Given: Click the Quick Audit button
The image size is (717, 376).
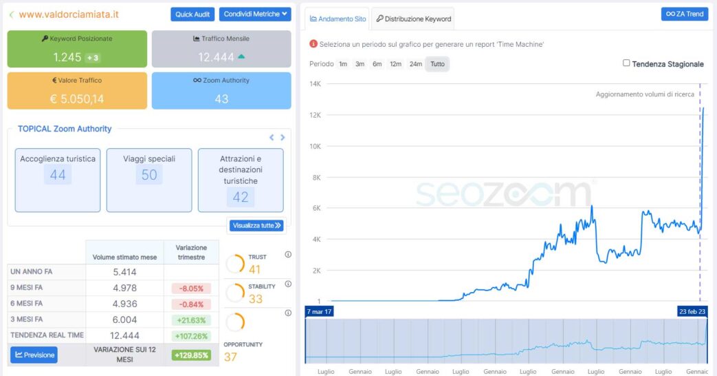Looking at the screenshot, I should pyautogui.click(x=192, y=14).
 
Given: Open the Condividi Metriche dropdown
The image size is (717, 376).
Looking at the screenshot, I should pyautogui.click(x=255, y=14).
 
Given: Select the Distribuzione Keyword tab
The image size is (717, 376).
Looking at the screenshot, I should pyautogui.click(x=413, y=19).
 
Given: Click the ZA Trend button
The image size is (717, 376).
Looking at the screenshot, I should pyautogui.click(x=685, y=14).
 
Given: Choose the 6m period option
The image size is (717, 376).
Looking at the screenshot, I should pyautogui.click(x=377, y=64).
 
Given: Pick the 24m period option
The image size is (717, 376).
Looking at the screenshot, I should pyautogui.click(x=415, y=64).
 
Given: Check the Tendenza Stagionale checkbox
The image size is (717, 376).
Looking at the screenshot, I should pyautogui.click(x=626, y=63).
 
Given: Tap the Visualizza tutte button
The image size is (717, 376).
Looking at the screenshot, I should pyautogui.click(x=256, y=225).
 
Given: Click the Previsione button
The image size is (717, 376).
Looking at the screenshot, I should pyautogui.click(x=34, y=355).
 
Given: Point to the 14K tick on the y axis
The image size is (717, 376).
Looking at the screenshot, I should pyautogui.click(x=316, y=84).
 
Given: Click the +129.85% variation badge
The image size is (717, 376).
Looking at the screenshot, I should pyautogui.click(x=191, y=355).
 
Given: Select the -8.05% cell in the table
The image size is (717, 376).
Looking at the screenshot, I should pyautogui.click(x=191, y=289).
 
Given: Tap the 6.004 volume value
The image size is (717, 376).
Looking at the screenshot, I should pyautogui.click(x=124, y=320).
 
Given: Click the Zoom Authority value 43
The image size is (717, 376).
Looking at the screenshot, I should pyautogui.click(x=221, y=98).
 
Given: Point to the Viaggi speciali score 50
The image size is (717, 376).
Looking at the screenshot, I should pyautogui.click(x=149, y=175).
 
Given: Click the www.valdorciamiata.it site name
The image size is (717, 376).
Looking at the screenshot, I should pyautogui.click(x=69, y=14).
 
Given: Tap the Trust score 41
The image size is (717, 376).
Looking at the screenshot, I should pyautogui.click(x=254, y=269).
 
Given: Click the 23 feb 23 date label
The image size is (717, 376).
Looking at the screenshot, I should pyautogui.click(x=692, y=312).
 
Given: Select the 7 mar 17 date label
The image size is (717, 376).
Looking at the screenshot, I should pyautogui.click(x=320, y=312).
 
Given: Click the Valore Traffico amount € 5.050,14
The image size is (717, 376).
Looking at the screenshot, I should pyautogui.click(x=77, y=98).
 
